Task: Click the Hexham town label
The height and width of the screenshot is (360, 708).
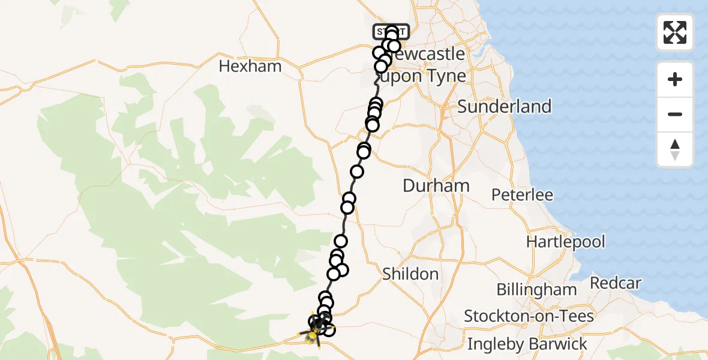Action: (x=250, y=66)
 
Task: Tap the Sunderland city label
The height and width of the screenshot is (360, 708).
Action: (x=504, y=107)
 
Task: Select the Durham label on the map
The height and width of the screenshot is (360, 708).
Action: (x=436, y=186)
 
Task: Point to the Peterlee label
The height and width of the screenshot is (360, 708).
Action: (x=522, y=195)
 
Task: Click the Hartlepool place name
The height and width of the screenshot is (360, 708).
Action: (x=565, y=242)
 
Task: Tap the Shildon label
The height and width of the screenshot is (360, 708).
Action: (x=410, y=274)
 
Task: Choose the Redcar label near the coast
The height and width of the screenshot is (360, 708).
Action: (x=616, y=283)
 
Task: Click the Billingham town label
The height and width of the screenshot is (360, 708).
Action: (x=536, y=290)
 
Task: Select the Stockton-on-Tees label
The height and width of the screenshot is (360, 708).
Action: (x=529, y=316)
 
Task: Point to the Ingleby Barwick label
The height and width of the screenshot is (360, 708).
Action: (x=527, y=344)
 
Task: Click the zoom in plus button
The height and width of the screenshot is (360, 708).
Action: (x=675, y=80)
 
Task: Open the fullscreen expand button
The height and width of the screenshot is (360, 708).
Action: (x=675, y=32)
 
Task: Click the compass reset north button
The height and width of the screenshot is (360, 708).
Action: (x=675, y=149)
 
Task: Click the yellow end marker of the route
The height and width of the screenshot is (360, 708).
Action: (x=311, y=339)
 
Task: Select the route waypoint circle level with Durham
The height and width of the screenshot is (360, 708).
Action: (x=349, y=199)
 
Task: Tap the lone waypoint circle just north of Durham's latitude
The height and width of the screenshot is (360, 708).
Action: (x=357, y=172)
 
